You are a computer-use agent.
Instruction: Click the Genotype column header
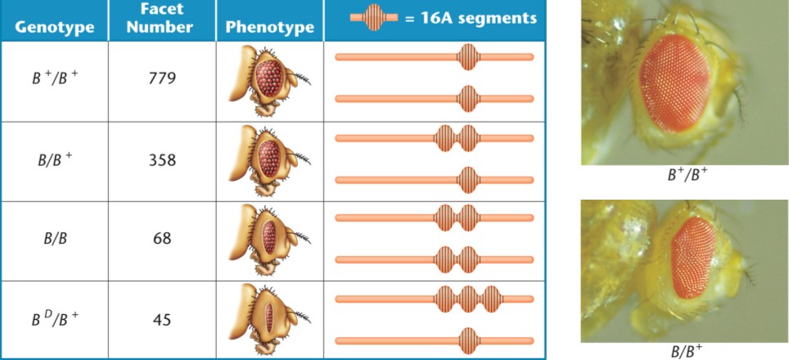pos(54,26)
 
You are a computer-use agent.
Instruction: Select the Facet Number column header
pos(161,19)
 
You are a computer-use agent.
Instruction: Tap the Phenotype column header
pos(269,26)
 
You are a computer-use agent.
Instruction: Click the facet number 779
pos(161,80)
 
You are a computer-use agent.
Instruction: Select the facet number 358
pos(161,160)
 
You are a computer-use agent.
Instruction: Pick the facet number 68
pos(161,239)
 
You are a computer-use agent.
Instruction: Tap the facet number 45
pos(161,319)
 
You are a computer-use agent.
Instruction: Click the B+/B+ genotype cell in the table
pos(54,80)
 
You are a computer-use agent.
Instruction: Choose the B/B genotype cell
pos(54,239)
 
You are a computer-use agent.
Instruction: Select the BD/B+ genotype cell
pos(54,319)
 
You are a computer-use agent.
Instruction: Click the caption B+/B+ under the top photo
pos(686,174)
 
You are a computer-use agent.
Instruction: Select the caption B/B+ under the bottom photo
pos(686,352)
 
